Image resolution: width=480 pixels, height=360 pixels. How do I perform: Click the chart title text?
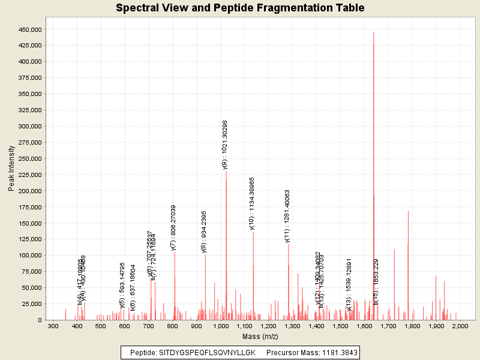coord(240,8)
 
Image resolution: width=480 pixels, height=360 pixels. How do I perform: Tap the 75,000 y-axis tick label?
coord(30,256)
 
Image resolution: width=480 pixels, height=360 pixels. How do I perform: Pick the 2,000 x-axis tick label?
coord(460,326)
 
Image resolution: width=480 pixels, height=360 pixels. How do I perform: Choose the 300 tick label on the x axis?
coord(53,326)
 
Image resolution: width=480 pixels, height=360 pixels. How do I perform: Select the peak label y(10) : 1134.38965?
coord(252,203)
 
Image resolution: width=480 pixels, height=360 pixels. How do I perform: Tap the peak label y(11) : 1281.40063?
coord(287,216)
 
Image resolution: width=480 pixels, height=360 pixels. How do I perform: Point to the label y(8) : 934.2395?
coord(204,232)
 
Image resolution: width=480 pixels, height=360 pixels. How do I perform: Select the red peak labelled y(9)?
coord(226,240)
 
